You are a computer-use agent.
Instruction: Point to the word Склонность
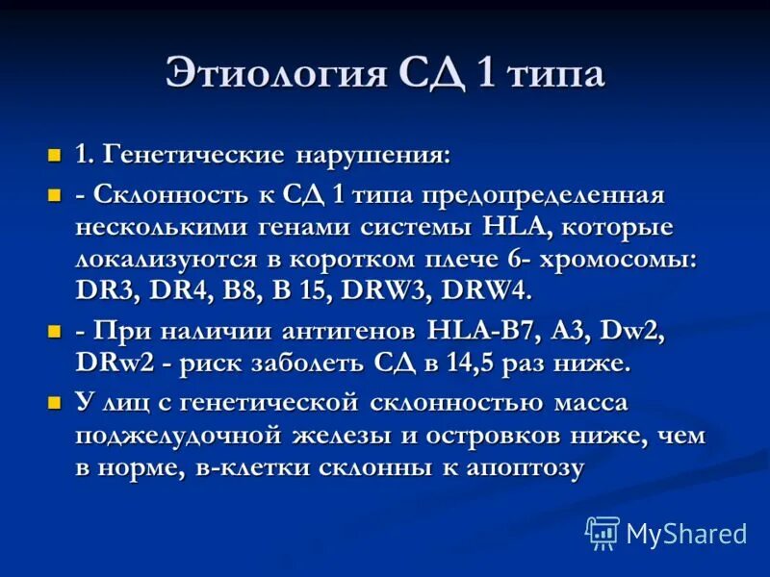tap(167, 195)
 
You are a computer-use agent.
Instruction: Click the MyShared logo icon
tap(603, 532)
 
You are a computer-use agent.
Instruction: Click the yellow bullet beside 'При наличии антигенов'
tap(55, 332)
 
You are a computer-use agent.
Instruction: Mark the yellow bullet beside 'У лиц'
tap(55, 403)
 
